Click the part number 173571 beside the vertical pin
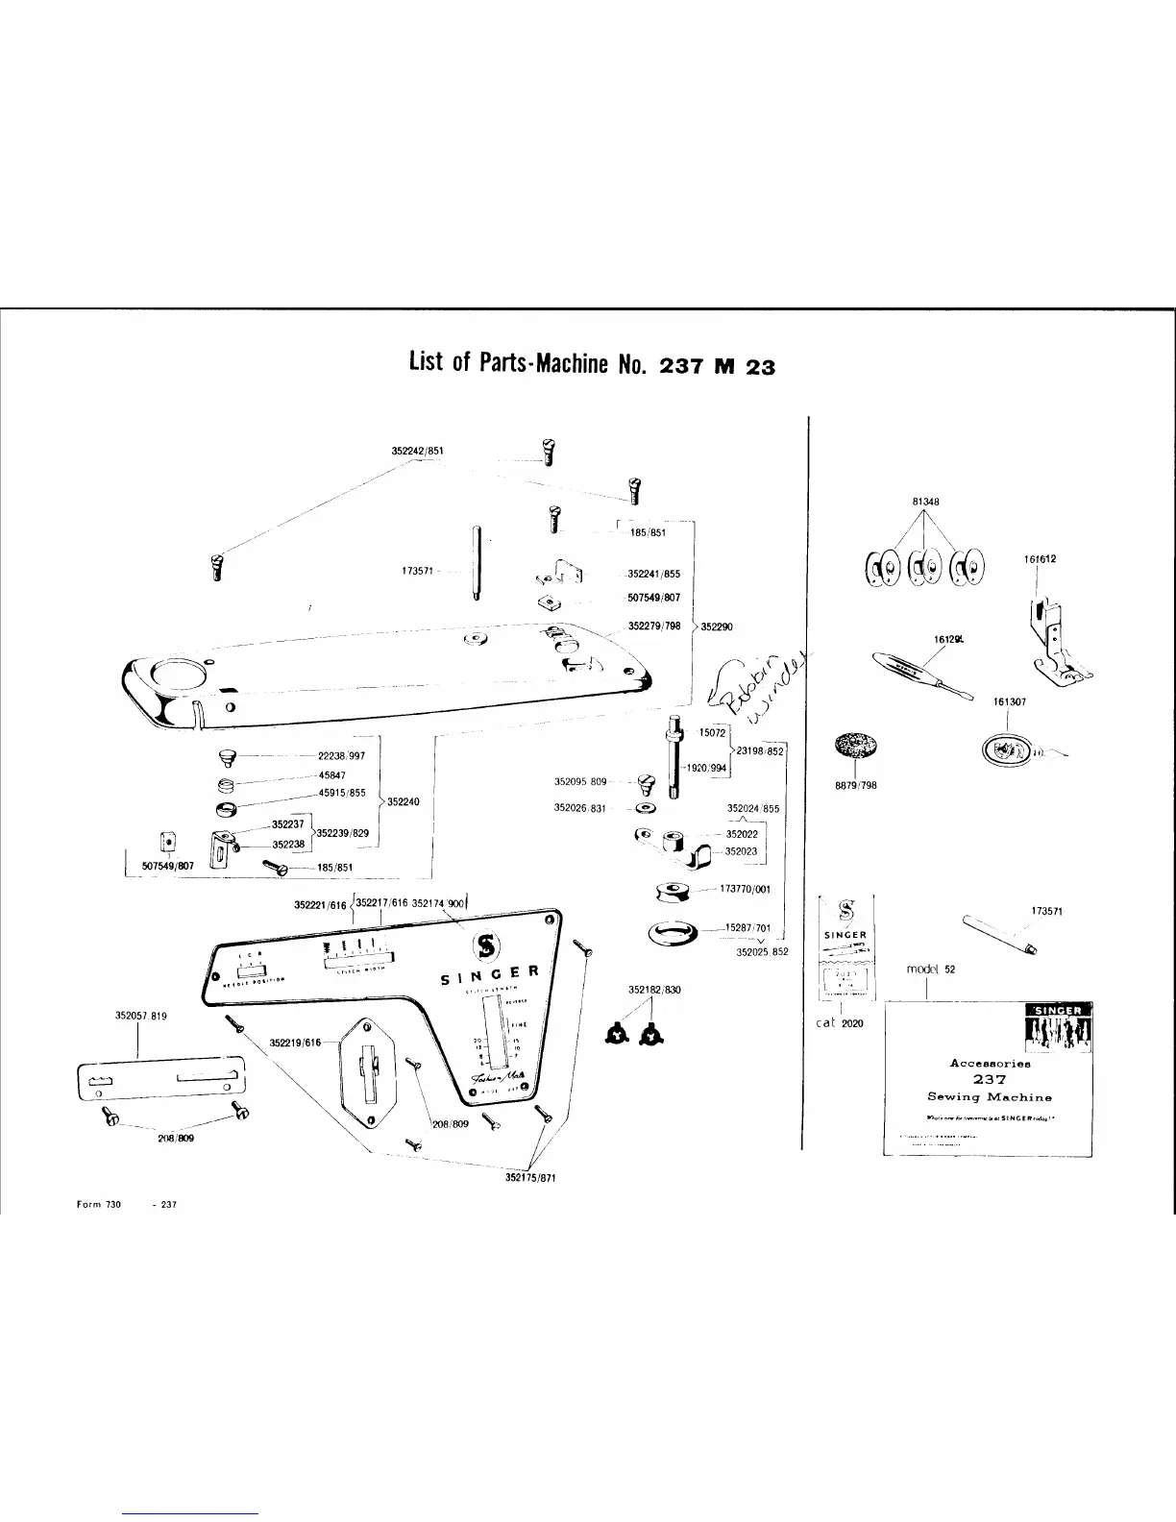pyautogui.click(x=419, y=571)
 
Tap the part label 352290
pyautogui.click(x=716, y=627)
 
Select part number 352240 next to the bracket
pyautogui.click(x=403, y=800)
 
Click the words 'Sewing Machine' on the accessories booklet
pyautogui.click(x=989, y=1096)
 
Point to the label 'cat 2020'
pyautogui.click(x=840, y=1023)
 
